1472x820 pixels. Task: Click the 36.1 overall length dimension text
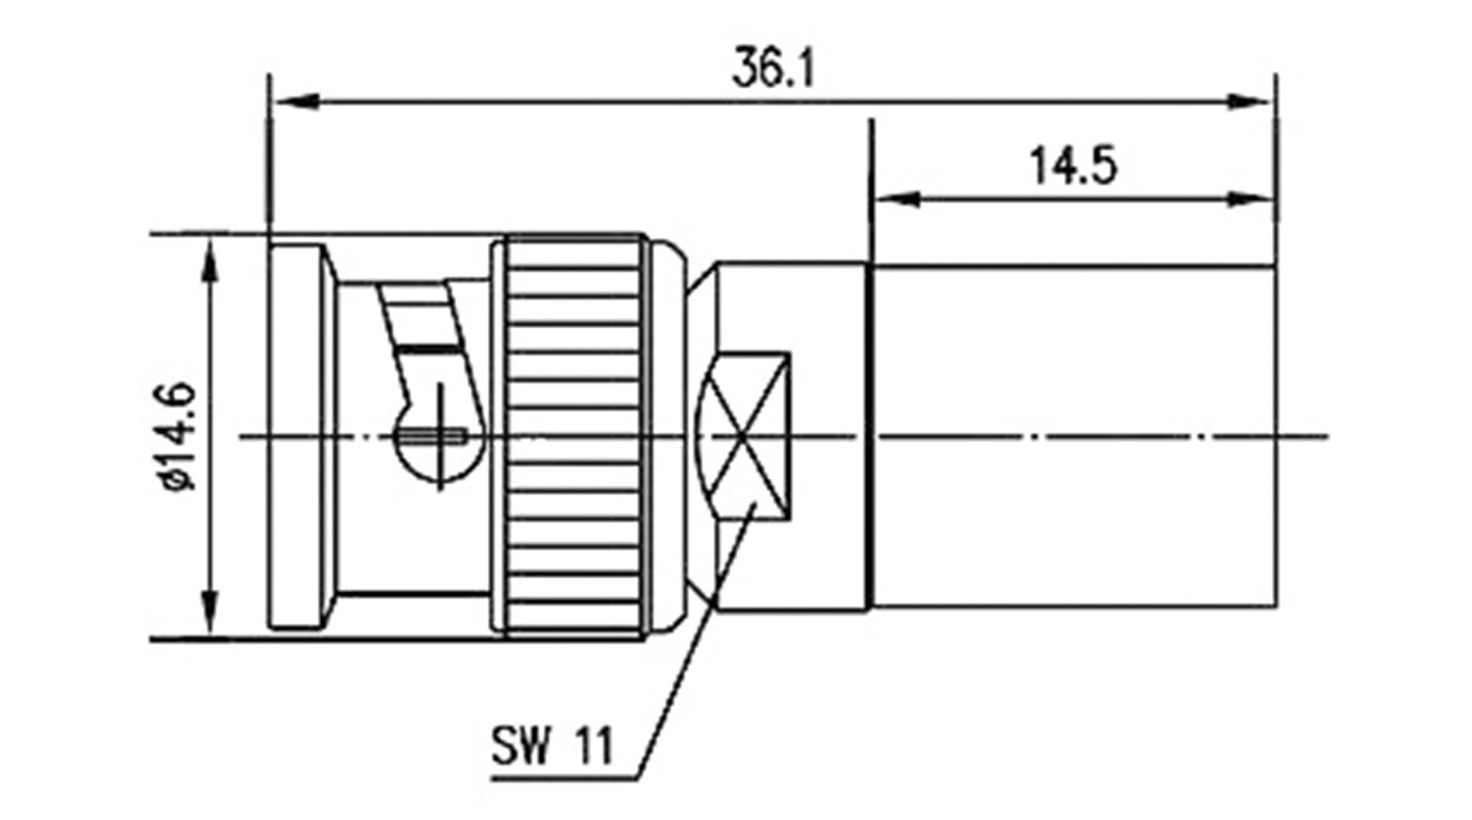tap(772, 68)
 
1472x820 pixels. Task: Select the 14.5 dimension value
tap(1073, 166)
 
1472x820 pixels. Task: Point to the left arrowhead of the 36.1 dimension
tap(295, 101)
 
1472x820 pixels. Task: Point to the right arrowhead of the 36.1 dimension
tap(1249, 101)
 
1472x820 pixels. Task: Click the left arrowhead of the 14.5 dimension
tap(897, 199)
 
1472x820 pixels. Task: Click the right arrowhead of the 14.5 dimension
tap(1249, 199)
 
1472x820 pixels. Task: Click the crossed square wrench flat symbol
tap(746, 436)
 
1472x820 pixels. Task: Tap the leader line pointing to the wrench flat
tap(681, 667)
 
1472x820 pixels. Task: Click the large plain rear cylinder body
tap(1075, 436)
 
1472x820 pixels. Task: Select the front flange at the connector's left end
tap(297, 436)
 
